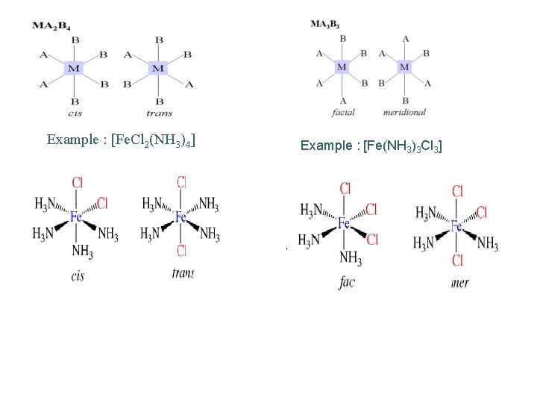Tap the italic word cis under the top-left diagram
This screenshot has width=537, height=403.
pyautogui.click(x=75, y=113)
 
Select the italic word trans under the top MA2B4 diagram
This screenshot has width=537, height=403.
pyautogui.click(x=159, y=113)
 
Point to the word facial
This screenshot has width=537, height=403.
pyautogui.click(x=342, y=113)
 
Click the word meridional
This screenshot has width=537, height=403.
pyautogui.click(x=404, y=113)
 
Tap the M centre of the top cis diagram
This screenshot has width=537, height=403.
pyautogui.click(x=74, y=69)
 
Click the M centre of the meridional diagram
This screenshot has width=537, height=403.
pyautogui.click(x=404, y=67)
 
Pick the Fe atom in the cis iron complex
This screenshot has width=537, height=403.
pyautogui.click(x=76, y=217)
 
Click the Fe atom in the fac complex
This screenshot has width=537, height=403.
pyautogui.click(x=343, y=223)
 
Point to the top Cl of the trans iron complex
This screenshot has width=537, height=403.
pyautogui.click(x=181, y=182)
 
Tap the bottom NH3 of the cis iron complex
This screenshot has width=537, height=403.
pyautogui.click(x=82, y=252)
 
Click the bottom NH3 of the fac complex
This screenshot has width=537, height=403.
pyautogui.click(x=351, y=257)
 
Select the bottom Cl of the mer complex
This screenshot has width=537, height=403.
pyautogui.click(x=457, y=260)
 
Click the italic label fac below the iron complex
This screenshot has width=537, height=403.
pyautogui.click(x=346, y=283)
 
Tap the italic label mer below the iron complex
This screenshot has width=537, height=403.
pyautogui.click(x=460, y=283)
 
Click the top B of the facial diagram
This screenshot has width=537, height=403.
pyautogui.click(x=342, y=39)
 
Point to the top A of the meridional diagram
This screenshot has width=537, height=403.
pyautogui.click(x=405, y=39)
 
